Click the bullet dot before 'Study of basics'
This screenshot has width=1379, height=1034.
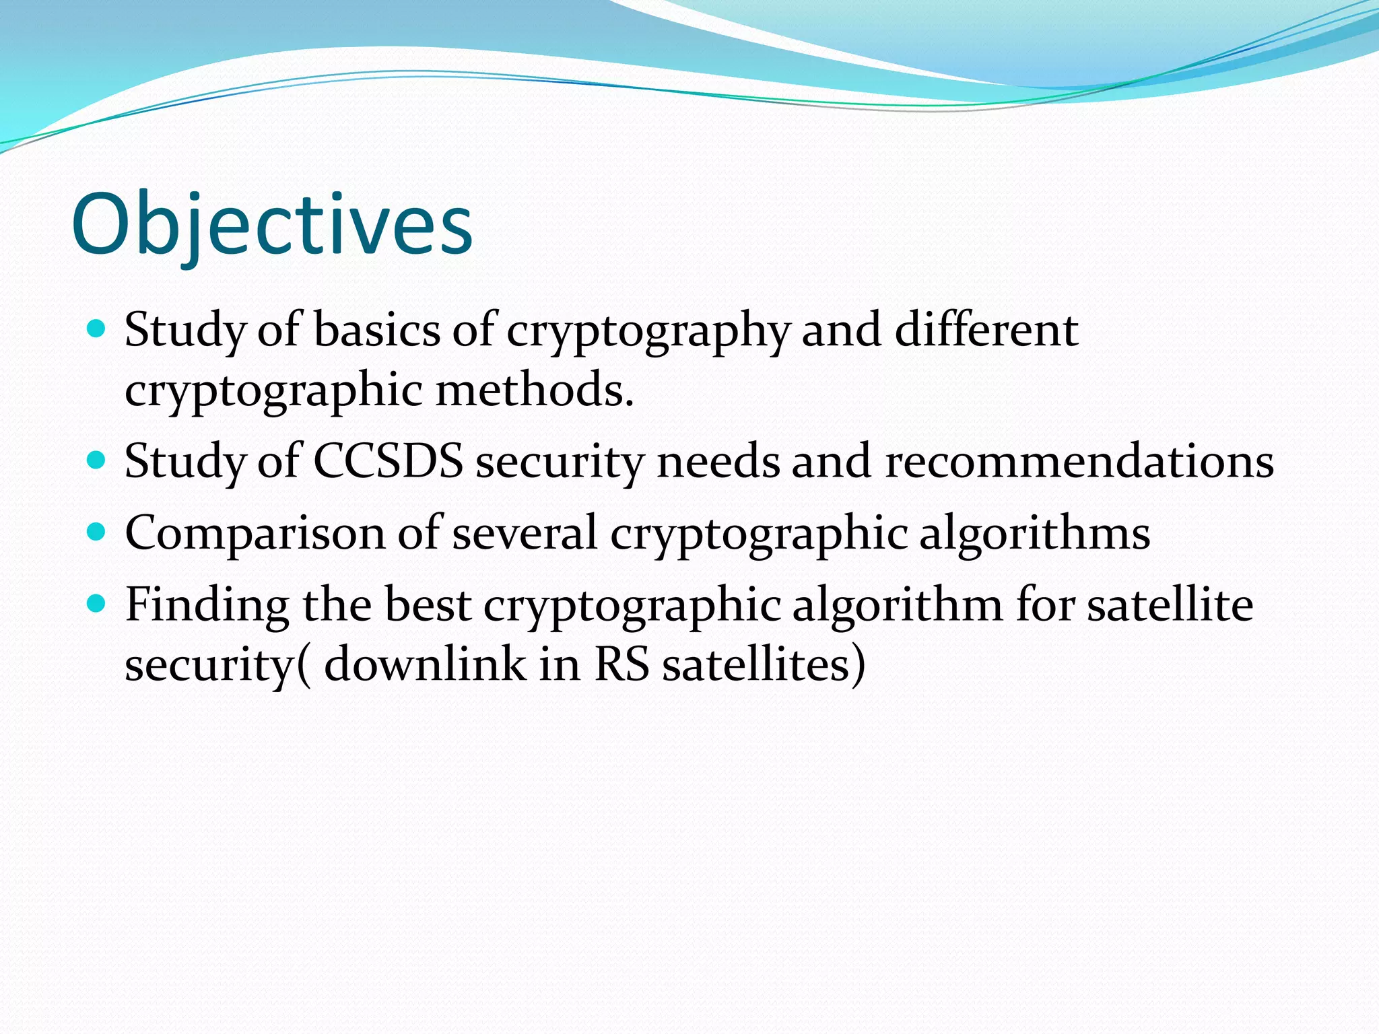(x=97, y=329)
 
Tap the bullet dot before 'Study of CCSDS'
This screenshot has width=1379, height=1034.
(x=97, y=460)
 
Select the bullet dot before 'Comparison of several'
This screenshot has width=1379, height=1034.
(x=97, y=532)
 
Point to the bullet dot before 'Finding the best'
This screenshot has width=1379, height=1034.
(x=97, y=603)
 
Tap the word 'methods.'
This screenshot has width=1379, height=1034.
(x=535, y=390)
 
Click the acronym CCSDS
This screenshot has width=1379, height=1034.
(x=389, y=462)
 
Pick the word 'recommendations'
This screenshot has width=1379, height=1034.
(x=1079, y=462)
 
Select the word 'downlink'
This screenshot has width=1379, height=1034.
(x=425, y=665)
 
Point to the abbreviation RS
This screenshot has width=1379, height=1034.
(x=621, y=665)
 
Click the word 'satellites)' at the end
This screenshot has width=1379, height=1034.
(x=764, y=665)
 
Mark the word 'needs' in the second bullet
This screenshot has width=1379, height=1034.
(x=717, y=462)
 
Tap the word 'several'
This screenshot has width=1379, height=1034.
(x=525, y=533)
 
